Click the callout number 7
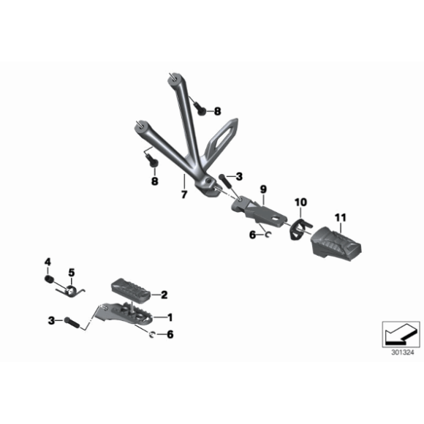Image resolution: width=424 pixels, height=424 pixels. tap(184, 194)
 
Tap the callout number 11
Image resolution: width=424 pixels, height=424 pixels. tap(341, 217)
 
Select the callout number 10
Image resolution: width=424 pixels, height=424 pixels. tap(300, 202)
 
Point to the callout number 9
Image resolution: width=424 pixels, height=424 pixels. tap(263, 189)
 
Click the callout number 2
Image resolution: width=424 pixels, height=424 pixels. tap(164, 295)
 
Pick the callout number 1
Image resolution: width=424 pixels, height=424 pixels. tap(170, 317)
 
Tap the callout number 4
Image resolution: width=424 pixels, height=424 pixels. tap(48, 262)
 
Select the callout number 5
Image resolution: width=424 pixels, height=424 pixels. tap(72, 272)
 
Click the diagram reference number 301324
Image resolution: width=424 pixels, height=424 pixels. tap(403, 352)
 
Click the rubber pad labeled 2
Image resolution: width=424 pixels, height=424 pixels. tap(131, 289)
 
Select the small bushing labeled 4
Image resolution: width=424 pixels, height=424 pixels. tap(48, 279)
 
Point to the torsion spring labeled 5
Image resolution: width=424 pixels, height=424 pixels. tap(71, 291)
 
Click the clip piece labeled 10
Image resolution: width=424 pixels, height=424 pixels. tap(300, 229)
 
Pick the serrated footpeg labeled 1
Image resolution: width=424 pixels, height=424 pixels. tap(124, 314)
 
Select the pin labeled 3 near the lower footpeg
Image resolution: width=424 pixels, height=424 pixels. tap(72, 322)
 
